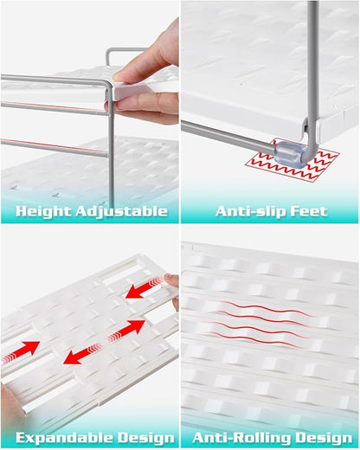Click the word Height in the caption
point(44,211)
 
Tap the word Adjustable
point(122,212)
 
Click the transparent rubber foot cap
point(291,154)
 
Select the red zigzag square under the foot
point(292,160)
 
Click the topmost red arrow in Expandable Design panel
point(145,286)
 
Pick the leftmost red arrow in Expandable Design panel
point(20,352)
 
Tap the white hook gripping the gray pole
point(306,128)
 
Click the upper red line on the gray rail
point(54,106)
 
